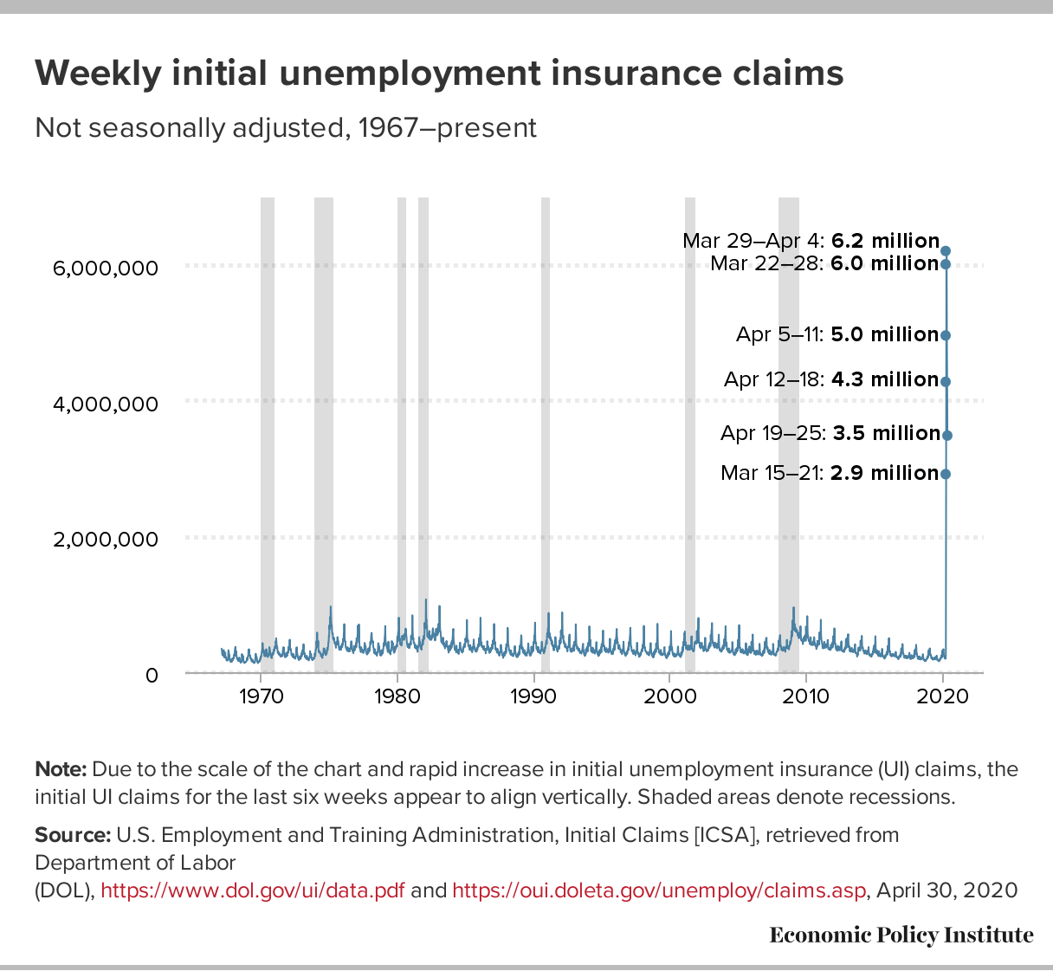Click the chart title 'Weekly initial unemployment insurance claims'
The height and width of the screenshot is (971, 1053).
point(439,74)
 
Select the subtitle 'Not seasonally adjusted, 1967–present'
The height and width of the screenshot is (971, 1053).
point(286,128)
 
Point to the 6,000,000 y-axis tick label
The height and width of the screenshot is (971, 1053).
point(106,268)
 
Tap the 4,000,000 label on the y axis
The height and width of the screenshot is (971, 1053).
point(106,404)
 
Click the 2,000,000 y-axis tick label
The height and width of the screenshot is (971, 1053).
point(106,539)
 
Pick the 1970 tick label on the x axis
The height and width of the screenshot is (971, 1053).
point(261,696)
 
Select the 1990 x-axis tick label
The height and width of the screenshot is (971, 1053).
point(533,696)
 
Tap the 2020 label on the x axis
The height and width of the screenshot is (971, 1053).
point(943,696)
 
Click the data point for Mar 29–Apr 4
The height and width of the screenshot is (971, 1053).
point(946,251)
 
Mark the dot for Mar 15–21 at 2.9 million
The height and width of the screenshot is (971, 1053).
point(946,474)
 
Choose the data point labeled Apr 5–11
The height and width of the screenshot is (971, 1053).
point(946,335)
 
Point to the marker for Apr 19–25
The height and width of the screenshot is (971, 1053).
point(947,435)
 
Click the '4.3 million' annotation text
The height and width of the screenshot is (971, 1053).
point(885,379)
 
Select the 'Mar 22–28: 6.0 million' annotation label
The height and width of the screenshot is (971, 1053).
point(824,263)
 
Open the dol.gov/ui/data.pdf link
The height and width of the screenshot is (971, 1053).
point(252,890)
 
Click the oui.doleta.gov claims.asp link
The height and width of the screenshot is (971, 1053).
point(659,890)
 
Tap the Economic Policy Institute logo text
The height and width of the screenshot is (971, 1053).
point(901,935)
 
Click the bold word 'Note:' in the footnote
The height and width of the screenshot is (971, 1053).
point(61,769)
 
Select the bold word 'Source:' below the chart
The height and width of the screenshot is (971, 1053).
point(73,835)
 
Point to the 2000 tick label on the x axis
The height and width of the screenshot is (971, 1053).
point(669,696)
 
